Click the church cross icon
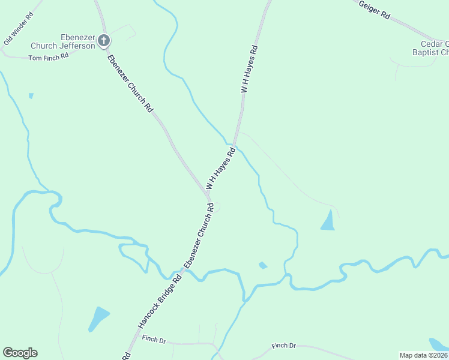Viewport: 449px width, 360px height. click(104, 41)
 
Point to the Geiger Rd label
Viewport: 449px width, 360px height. click(374, 11)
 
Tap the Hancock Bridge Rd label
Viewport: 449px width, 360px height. click(160, 300)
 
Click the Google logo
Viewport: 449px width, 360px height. click(20, 353)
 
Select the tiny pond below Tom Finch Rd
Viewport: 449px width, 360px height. click(31, 95)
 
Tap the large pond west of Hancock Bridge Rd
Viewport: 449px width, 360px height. click(98, 317)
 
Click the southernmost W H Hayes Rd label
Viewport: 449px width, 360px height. click(220, 170)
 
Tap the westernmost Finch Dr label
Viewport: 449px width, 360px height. click(154, 339)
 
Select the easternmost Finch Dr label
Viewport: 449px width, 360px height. click(284, 346)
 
